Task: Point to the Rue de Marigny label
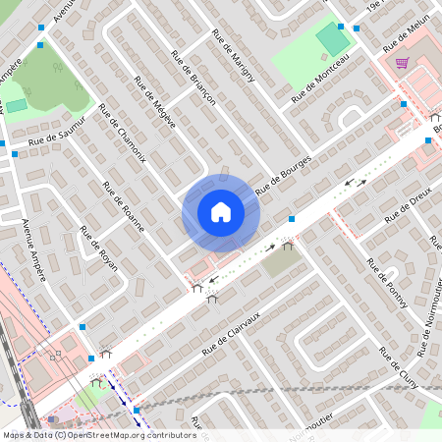[233, 55]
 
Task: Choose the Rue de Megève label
[154, 102]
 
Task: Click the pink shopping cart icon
[402, 63]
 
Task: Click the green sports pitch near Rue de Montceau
[332, 42]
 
